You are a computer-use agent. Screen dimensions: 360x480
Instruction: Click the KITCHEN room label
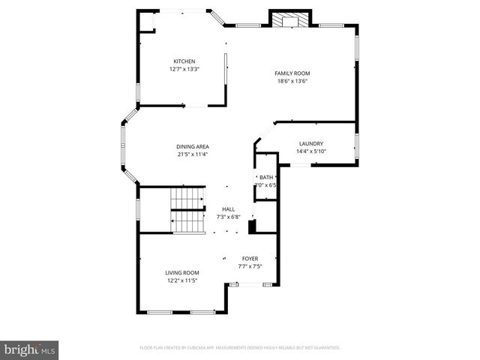pyautogui.click(x=184, y=61)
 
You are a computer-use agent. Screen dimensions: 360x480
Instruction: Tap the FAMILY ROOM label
pyautogui.click(x=292, y=73)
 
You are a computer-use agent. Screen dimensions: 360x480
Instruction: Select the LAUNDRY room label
pyautogui.click(x=310, y=143)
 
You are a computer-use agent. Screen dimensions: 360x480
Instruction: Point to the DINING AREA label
pyautogui.click(x=193, y=147)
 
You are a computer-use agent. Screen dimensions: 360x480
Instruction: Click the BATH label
pyautogui.click(x=266, y=177)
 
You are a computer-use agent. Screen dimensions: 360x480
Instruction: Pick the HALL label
pyautogui.click(x=228, y=209)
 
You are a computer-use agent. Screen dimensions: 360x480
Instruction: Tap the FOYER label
pyautogui.click(x=250, y=258)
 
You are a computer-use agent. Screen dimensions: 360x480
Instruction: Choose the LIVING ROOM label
pyautogui.click(x=182, y=272)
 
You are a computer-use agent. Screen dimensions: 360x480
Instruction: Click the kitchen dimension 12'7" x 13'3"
pyautogui.click(x=184, y=69)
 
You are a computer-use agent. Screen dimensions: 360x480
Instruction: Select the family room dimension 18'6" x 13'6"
pyautogui.click(x=292, y=81)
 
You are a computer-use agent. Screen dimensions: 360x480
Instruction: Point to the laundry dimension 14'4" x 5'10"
pyautogui.click(x=310, y=151)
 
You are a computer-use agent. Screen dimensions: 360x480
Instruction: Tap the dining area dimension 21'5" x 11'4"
pyautogui.click(x=193, y=154)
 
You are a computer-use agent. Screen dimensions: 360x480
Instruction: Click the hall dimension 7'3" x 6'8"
pyautogui.click(x=228, y=217)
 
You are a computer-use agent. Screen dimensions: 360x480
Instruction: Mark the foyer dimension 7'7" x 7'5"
pyautogui.click(x=250, y=265)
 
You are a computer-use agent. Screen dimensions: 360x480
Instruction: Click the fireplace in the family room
pyautogui.click(x=285, y=21)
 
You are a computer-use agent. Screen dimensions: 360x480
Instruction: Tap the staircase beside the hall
pyautogui.click(x=188, y=210)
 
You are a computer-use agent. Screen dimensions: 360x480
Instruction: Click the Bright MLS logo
pyautogui.click(x=30, y=349)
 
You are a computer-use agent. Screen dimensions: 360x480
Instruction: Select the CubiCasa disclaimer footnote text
pyautogui.click(x=240, y=348)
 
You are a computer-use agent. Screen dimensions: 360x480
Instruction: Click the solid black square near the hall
pyautogui.click(x=253, y=225)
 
